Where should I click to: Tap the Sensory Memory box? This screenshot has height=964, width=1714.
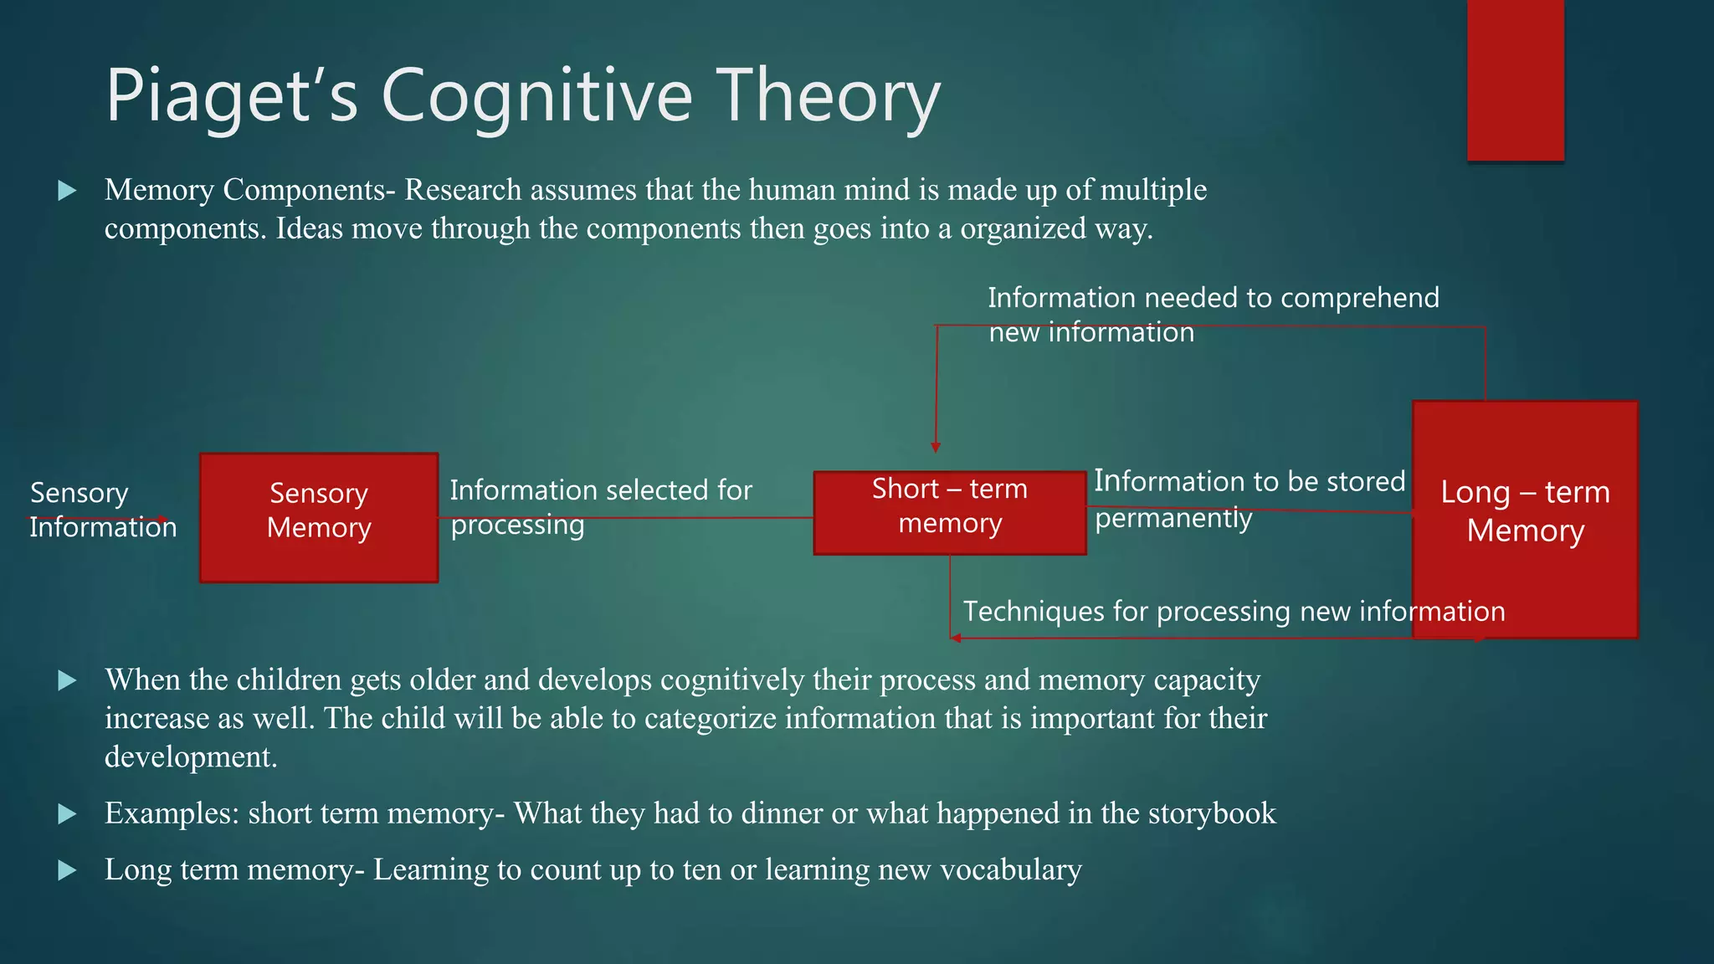[318, 518]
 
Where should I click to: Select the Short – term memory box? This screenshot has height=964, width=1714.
[949, 512]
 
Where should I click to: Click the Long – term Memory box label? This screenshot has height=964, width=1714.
[1525, 511]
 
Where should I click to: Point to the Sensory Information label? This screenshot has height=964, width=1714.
[102, 510]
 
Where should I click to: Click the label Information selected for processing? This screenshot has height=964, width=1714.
[600, 507]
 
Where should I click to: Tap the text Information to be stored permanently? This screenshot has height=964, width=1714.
[1249, 499]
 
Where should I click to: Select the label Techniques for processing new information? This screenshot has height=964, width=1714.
[1234, 612]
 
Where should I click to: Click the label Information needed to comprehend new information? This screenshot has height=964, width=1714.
[1213, 315]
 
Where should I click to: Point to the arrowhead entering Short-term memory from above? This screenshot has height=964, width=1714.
[936, 447]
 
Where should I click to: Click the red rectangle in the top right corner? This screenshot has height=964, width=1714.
[1515, 80]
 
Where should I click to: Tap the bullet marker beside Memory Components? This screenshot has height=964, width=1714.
[67, 191]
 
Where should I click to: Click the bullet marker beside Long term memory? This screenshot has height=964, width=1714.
[67, 871]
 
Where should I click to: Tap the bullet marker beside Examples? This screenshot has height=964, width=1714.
[67, 814]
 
